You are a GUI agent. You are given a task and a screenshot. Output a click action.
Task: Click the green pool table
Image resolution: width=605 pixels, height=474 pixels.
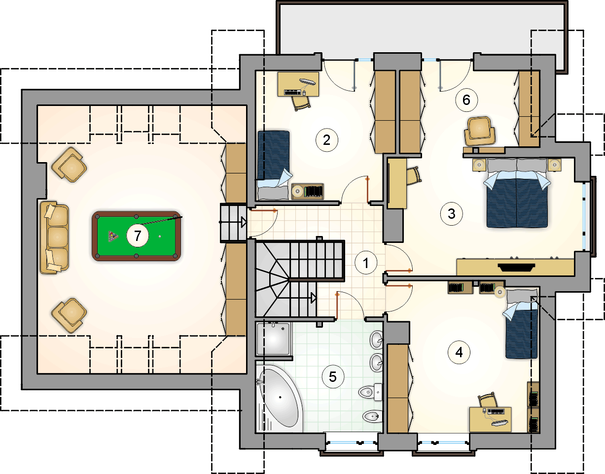(x=136, y=236)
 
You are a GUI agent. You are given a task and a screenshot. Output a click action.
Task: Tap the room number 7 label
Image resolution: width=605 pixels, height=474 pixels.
(x=138, y=236)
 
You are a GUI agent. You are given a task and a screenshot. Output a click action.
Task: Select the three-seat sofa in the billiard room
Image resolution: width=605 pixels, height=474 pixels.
(x=54, y=238)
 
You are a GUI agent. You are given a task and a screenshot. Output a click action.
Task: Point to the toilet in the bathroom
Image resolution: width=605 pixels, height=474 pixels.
(x=371, y=392)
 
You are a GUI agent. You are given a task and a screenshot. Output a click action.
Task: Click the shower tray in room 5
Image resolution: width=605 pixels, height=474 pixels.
(x=274, y=339)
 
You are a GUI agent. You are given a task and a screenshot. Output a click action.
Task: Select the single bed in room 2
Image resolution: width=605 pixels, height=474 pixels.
(x=273, y=166)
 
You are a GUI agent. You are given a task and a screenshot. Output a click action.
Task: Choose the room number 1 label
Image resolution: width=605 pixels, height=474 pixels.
(x=366, y=263)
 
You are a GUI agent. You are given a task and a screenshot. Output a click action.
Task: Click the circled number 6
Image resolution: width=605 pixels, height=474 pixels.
(x=466, y=100)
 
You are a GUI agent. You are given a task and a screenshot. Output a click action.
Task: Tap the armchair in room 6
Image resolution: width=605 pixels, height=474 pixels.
(x=479, y=131)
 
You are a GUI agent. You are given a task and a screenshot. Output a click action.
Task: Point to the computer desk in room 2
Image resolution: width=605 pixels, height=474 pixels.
(x=298, y=84)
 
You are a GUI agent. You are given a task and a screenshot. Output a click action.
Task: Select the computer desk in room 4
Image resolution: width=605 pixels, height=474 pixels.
(x=490, y=419)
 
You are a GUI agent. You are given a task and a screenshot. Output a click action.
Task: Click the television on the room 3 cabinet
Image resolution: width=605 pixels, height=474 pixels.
(x=516, y=268)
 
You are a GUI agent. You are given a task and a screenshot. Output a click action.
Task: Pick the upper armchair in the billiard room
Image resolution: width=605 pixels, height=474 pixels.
(x=69, y=165)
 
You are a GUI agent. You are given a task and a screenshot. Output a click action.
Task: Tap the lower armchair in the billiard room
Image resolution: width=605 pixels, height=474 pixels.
(x=69, y=316)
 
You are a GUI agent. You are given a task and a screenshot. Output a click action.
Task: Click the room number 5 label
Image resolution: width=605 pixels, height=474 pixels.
(x=333, y=377)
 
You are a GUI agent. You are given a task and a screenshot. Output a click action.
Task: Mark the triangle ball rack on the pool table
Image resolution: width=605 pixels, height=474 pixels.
(x=113, y=236)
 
